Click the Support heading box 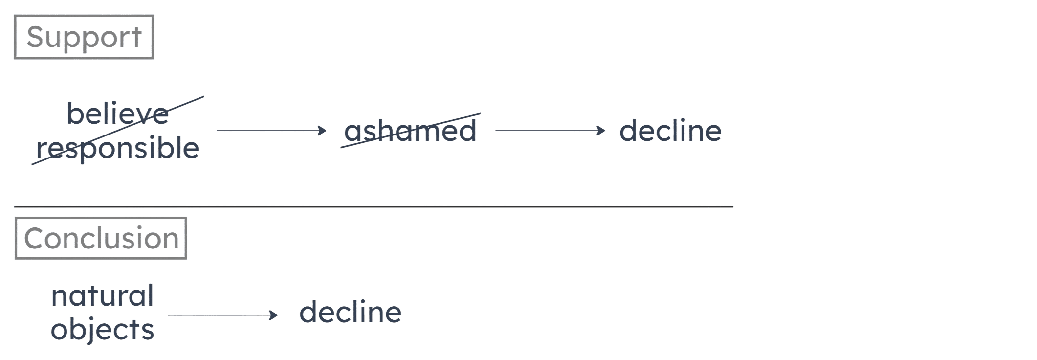coord(84,37)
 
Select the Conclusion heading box coord(100,239)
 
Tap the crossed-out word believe coord(118,114)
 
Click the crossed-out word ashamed coord(410,131)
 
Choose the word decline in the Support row coord(670,131)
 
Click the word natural coord(102,296)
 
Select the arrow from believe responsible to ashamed coord(270,131)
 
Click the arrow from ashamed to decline coord(549,131)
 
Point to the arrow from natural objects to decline coord(222,315)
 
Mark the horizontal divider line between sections coord(373,207)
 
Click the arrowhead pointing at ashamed coord(322,131)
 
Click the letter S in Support coord(35,38)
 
